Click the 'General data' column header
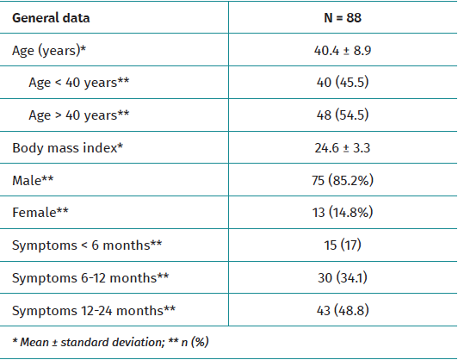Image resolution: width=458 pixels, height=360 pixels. point(51,17)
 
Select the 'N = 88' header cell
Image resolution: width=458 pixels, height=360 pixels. point(342,17)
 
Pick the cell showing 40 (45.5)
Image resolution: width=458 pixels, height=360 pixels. point(342,83)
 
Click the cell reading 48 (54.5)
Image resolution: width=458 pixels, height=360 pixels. point(342,115)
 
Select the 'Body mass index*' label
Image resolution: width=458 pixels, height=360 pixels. point(68,147)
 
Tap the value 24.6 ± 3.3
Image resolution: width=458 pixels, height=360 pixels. point(342,147)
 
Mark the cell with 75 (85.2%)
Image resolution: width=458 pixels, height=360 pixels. point(342,180)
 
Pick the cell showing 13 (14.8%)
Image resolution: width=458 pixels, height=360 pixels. point(342,212)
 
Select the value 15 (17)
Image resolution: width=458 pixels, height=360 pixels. point(342,245)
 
